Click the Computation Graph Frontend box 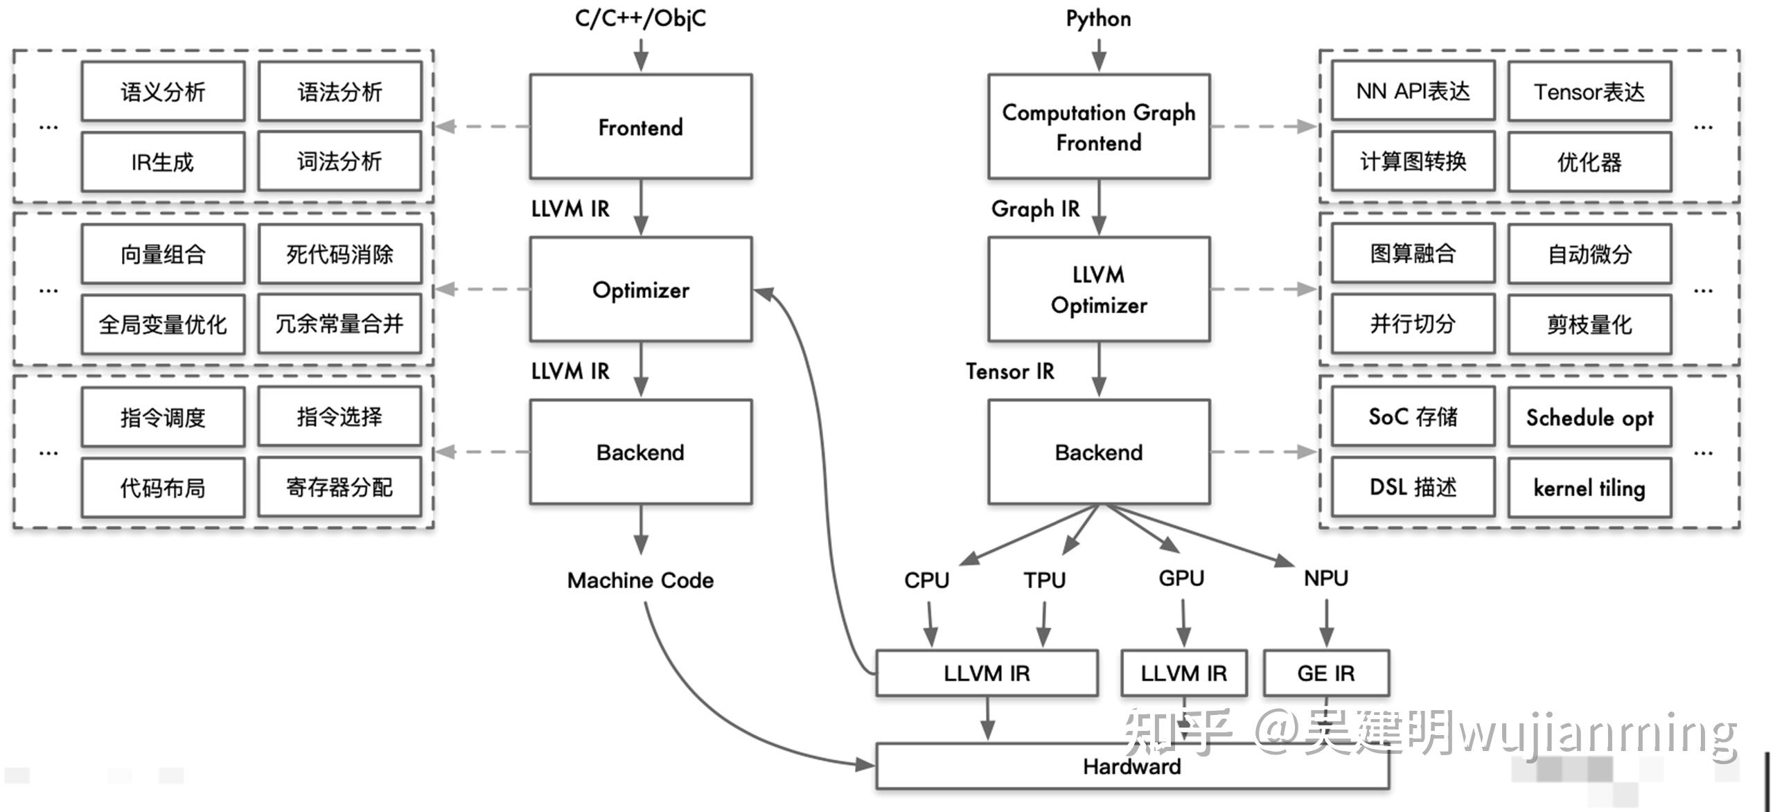[1098, 127]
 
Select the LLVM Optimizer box [1098, 290]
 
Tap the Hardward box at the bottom [1131, 766]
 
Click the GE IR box [1325, 673]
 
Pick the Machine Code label [640, 580]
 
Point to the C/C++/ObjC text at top [640, 18]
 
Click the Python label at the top [1098, 19]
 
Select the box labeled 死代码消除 [339, 254]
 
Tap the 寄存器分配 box [339, 487]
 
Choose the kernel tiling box [1589, 488]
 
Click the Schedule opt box [1589, 417]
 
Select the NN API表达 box [1413, 91]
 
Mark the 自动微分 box [1589, 254]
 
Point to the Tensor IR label [1009, 371]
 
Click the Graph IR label [1035, 209]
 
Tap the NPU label [1325, 578]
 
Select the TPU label [1044, 579]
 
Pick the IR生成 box [163, 162]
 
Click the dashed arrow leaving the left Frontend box [482, 127]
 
